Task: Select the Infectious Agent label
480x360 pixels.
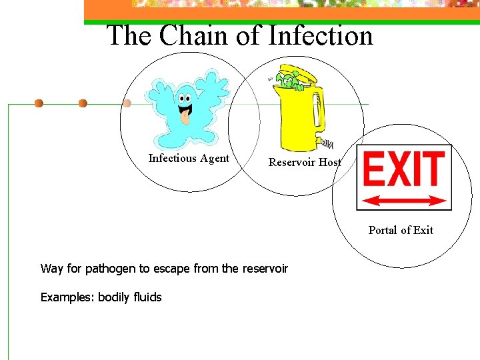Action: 189,159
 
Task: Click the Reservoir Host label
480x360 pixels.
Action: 305,162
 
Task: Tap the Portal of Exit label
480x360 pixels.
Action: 401,230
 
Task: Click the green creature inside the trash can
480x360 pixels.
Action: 289,81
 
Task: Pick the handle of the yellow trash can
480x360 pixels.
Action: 319,110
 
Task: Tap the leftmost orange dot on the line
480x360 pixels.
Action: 39,103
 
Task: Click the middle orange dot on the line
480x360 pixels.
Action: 83,103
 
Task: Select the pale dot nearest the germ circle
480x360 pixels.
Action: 127,103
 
